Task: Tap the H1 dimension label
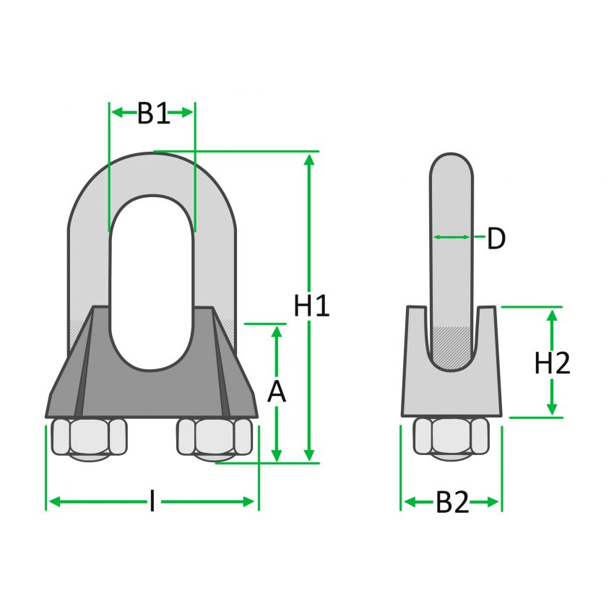312,307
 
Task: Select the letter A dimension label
277,392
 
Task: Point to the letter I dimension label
152,501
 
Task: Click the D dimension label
496,239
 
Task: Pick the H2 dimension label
553,364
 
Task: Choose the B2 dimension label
452,503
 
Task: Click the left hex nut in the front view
90,438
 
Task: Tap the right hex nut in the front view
215,438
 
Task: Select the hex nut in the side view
451,438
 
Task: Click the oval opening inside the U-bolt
152,282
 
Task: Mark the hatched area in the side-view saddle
452,347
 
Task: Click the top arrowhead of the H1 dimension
309,159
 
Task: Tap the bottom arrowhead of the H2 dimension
553,410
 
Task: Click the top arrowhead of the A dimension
276,332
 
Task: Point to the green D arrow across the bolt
452,237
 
